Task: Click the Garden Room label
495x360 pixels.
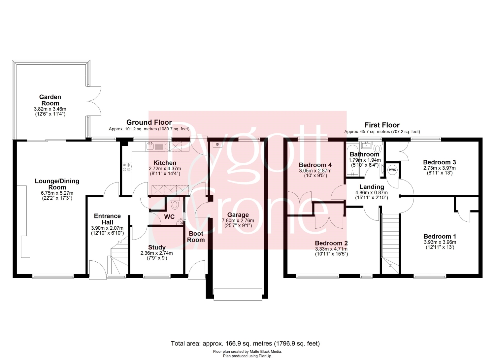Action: [50, 100]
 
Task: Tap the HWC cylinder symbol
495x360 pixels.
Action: [392, 170]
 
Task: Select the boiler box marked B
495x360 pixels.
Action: [217, 144]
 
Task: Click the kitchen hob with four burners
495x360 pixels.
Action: [127, 167]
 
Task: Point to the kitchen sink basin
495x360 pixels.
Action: [150, 146]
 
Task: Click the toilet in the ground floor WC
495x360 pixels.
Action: [175, 203]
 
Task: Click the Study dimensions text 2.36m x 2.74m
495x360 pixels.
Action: [157, 253]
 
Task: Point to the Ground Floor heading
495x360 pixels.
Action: [149, 122]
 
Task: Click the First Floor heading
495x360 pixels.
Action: [382, 125]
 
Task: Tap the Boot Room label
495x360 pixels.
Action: [196, 237]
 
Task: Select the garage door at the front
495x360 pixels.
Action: [238, 294]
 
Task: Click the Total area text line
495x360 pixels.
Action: [245, 344]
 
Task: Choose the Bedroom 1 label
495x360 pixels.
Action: [440, 236]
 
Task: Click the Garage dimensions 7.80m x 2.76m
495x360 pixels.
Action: [238, 220]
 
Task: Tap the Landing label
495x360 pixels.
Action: [372, 187]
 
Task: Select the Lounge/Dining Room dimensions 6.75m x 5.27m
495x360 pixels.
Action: [57, 193]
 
